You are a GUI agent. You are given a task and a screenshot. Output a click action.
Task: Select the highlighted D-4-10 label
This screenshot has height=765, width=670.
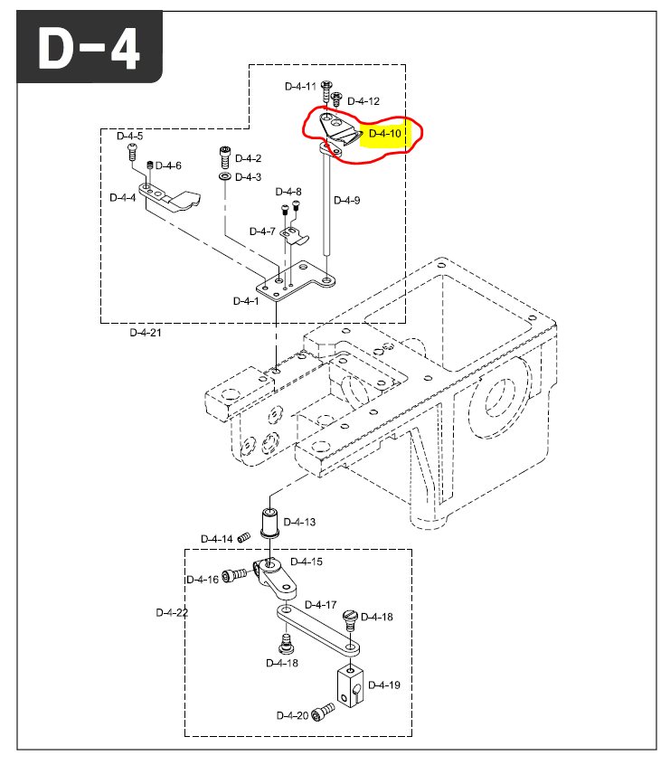point(385,134)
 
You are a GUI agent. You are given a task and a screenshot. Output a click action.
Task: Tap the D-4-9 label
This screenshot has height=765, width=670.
point(346,200)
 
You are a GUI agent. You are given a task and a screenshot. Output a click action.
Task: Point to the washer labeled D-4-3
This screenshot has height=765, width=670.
point(223,176)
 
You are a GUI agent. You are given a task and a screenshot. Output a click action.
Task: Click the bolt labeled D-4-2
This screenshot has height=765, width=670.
point(223,157)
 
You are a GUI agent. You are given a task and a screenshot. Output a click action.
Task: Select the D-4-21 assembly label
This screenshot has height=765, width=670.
point(145,332)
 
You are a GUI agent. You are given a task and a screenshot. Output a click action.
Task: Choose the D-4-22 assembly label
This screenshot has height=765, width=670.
point(172,612)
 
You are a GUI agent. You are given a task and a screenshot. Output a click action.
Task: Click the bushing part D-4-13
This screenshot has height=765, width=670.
point(270,523)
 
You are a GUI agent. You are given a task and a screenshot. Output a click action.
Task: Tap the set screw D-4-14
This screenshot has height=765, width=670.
point(242,539)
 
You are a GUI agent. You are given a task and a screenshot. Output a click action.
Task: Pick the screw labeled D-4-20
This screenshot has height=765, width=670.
point(320,715)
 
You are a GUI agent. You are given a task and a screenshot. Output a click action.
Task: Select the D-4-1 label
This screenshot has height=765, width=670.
point(245,300)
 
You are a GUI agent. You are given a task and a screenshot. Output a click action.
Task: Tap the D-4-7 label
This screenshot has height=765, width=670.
point(262,231)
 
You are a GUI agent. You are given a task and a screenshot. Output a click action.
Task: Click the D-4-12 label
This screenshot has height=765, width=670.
point(363,100)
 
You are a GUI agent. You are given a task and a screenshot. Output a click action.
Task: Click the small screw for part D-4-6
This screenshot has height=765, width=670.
point(150,165)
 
